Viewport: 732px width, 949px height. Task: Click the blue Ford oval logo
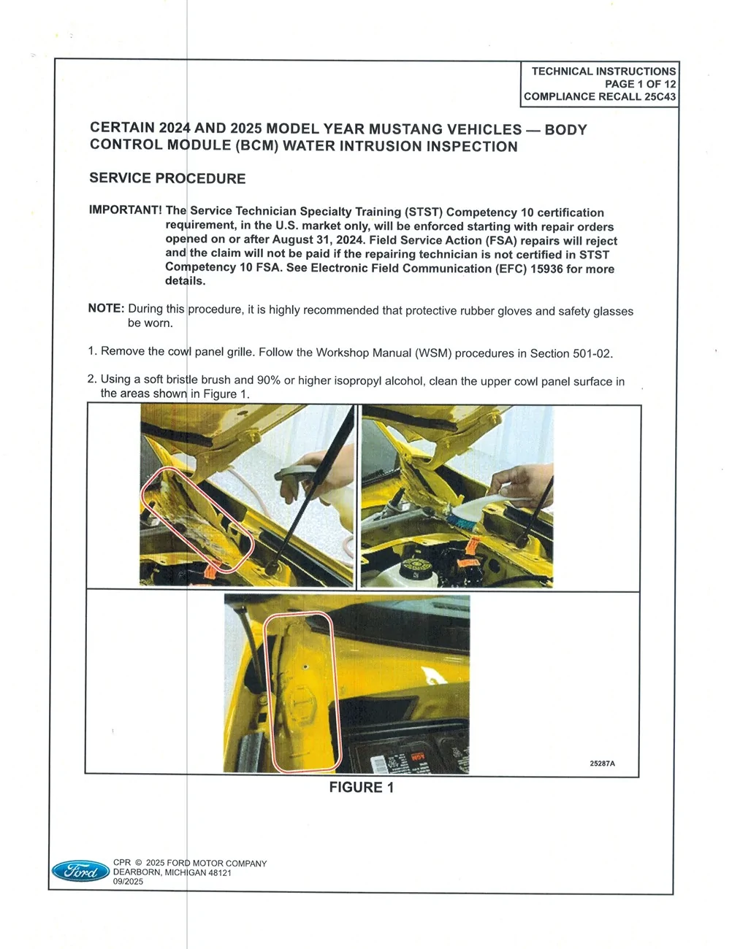80,871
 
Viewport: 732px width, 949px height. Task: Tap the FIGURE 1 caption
361,787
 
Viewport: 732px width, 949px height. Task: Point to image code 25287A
602,764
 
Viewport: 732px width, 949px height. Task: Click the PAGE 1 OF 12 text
640,84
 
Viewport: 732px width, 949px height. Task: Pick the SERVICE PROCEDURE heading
167,178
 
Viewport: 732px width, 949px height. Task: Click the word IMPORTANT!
125,210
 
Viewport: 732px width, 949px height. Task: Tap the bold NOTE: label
106,308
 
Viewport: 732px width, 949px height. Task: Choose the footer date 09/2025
128,882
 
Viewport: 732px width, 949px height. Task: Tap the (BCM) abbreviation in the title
256,145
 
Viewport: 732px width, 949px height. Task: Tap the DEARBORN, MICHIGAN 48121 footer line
172,872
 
